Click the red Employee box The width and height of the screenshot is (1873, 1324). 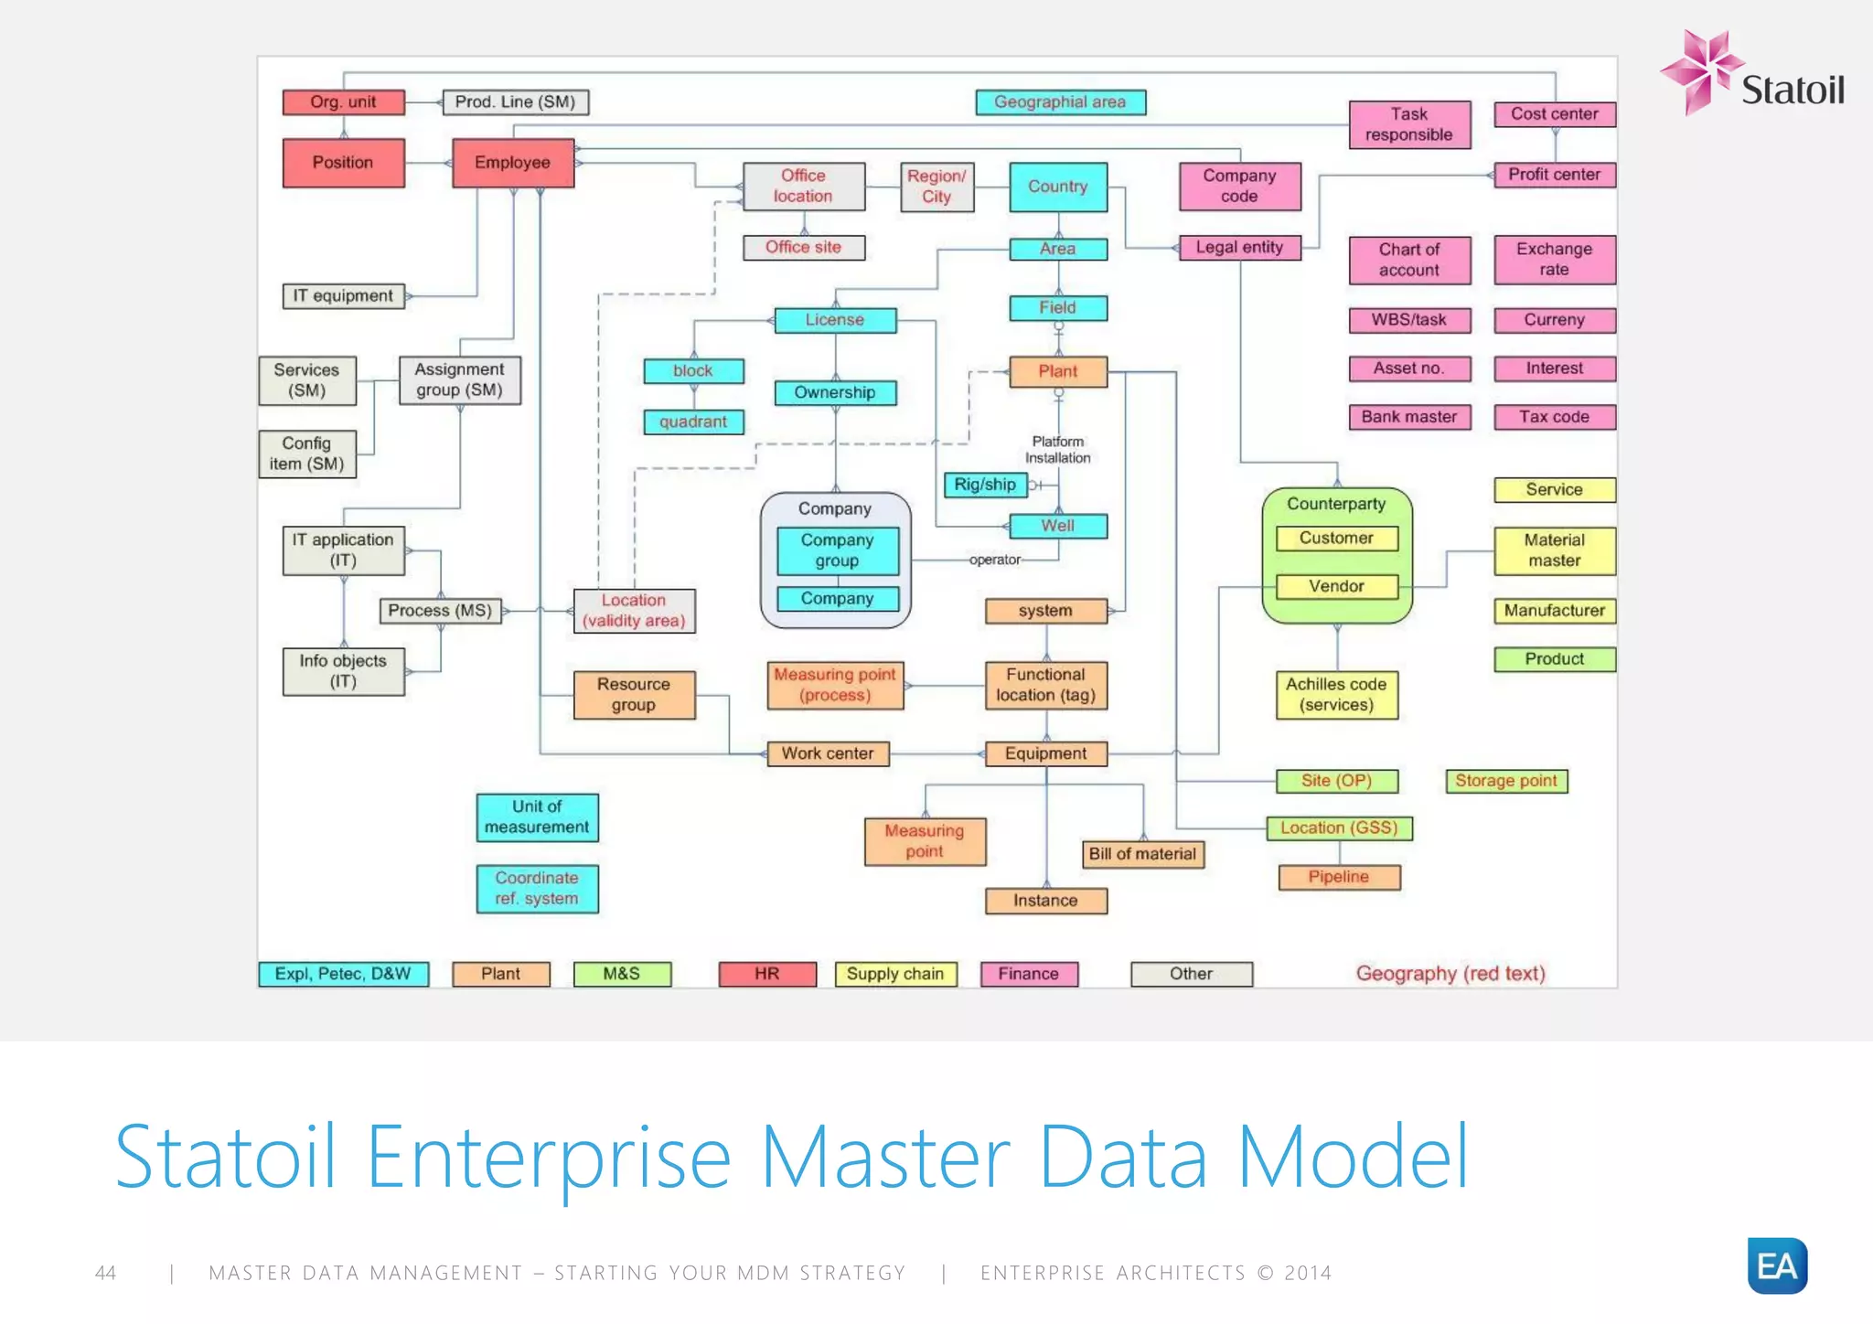click(513, 163)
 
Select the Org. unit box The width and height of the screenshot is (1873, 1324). click(343, 102)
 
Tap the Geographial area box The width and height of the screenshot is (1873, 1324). click(1060, 102)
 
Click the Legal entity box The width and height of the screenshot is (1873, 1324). click(1239, 248)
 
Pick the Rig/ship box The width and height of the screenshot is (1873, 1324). click(985, 485)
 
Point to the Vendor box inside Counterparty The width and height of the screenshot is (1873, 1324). click(1336, 586)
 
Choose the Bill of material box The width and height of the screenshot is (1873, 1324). click(1142, 854)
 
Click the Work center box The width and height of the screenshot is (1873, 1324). click(828, 753)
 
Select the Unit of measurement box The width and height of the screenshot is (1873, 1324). click(537, 817)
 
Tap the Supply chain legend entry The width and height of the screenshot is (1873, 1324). click(895, 974)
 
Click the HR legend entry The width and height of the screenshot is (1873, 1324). click(767, 974)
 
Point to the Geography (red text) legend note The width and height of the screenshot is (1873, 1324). click(1450, 974)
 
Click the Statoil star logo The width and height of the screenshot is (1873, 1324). click(1700, 71)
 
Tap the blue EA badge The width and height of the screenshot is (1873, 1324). click(1776, 1265)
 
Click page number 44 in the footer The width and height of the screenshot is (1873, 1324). click(106, 1273)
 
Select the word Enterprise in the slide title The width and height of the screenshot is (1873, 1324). click(549, 1158)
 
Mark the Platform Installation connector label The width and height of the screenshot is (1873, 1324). click(1057, 450)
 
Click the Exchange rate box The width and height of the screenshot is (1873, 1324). click(1554, 260)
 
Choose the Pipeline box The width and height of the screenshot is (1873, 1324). click(1339, 877)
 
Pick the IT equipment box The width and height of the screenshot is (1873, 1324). click(343, 296)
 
